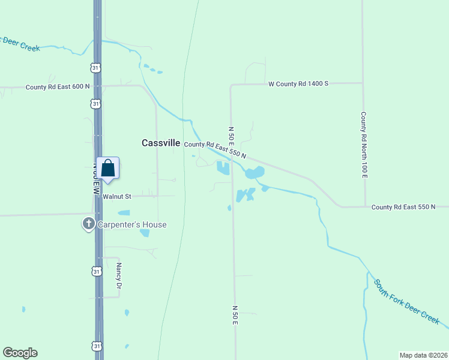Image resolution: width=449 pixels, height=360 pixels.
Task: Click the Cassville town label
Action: pyautogui.click(x=161, y=143)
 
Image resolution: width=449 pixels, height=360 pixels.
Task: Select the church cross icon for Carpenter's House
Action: pyautogui.click(x=88, y=224)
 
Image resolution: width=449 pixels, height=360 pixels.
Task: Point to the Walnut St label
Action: pyautogui.click(x=116, y=196)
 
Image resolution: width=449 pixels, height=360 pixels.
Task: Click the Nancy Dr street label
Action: pyautogui.click(x=119, y=276)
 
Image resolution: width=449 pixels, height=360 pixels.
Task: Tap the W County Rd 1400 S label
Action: pyautogui.click(x=298, y=84)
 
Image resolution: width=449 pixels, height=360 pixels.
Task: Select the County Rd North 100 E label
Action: pyautogui.click(x=363, y=144)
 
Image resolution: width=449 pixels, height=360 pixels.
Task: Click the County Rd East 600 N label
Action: pyautogui.click(x=58, y=87)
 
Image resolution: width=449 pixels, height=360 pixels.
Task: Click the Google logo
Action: pyautogui.click(x=20, y=353)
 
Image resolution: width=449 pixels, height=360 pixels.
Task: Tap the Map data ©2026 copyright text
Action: pyautogui.click(x=424, y=355)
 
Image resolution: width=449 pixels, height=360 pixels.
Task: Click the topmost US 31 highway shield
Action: pyautogui.click(x=96, y=68)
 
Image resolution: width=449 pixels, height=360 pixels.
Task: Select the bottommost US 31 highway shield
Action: pyautogui.click(x=97, y=346)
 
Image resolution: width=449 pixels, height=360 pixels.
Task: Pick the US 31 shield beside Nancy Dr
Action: pyautogui.click(x=97, y=272)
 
